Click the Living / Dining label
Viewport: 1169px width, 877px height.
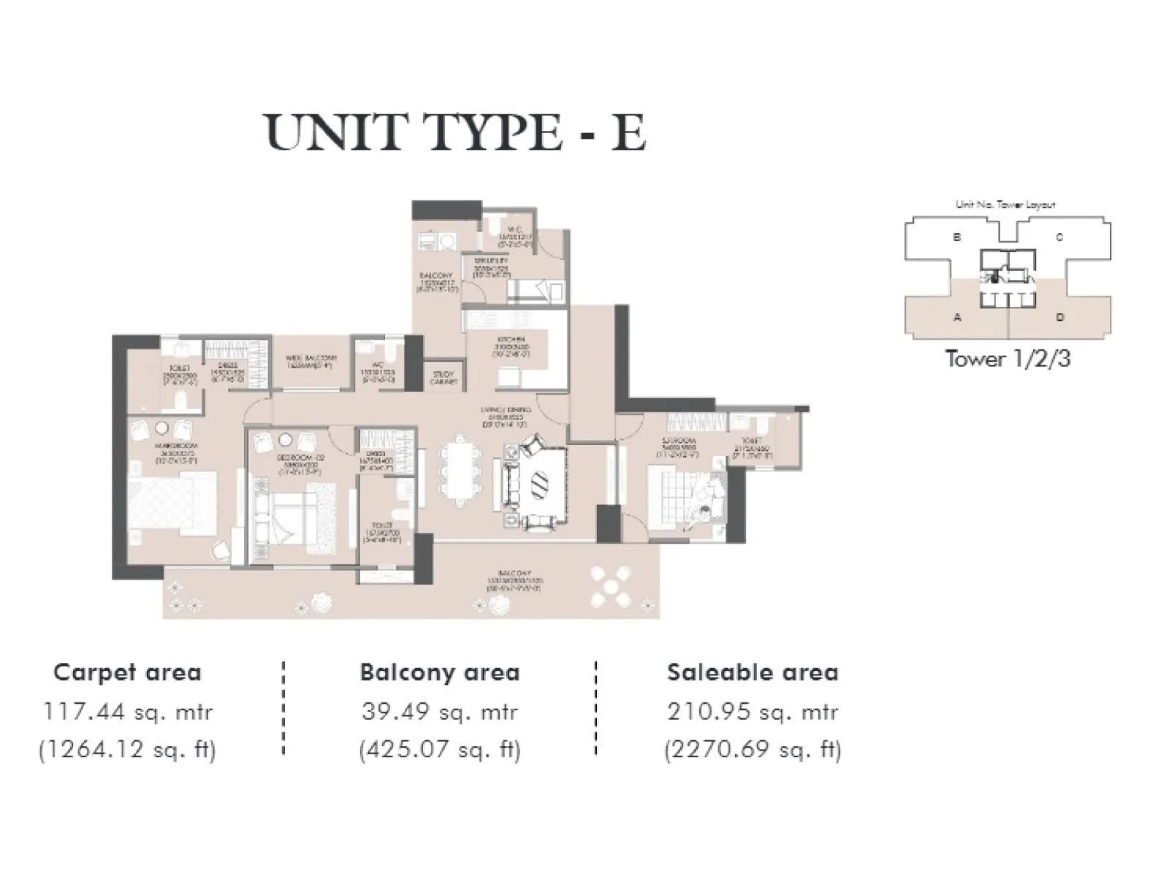(x=506, y=416)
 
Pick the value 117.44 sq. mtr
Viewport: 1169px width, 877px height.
(x=128, y=712)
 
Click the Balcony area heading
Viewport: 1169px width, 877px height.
(x=439, y=672)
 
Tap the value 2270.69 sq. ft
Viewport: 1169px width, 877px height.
(x=753, y=750)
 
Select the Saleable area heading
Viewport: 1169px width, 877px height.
(x=753, y=672)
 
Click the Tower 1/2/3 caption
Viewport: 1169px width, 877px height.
(x=1008, y=359)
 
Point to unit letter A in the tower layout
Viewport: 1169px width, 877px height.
(x=956, y=317)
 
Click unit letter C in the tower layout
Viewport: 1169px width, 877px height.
(x=1059, y=238)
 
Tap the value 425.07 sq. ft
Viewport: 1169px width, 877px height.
(x=440, y=750)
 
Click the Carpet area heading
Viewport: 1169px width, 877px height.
(x=127, y=672)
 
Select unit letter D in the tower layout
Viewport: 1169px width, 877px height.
(x=1060, y=317)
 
